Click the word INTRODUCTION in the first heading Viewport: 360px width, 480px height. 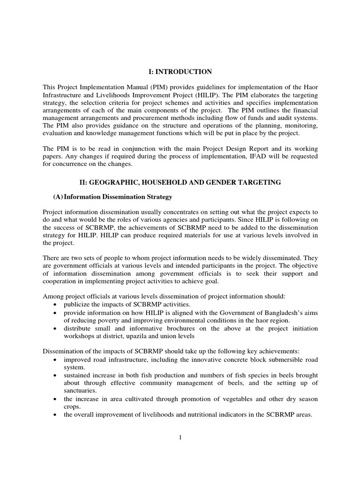191,72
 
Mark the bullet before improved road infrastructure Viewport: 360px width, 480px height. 56,360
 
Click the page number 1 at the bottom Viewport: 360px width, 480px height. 180,437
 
